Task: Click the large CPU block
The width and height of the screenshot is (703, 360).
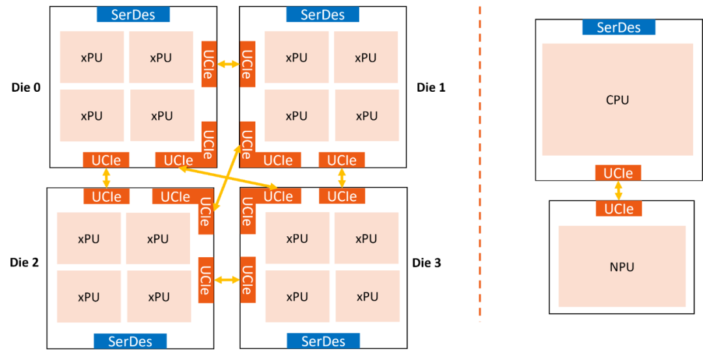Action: pos(617,100)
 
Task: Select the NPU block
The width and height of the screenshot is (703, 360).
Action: pos(622,266)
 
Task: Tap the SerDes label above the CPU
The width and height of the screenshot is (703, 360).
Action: pos(618,27)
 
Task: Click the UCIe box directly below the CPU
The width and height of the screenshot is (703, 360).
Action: pos(618,173)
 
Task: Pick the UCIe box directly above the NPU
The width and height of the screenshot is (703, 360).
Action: pos(618,209)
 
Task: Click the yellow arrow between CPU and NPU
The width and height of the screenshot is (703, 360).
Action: pos(618,191)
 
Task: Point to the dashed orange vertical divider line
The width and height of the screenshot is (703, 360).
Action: pos(480,163)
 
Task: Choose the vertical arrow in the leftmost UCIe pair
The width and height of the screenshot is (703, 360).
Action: pos(105,178)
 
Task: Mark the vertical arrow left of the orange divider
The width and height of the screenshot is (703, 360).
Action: pos(342,178)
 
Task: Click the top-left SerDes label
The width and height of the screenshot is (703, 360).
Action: pos(133,15)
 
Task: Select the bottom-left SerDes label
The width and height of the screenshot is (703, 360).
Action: pos(130,341)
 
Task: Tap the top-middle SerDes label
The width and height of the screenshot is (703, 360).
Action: pos(322,15)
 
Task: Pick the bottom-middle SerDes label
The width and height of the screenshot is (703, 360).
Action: pos(323,341)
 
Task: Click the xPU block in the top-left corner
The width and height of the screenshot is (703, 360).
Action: pos(92,57)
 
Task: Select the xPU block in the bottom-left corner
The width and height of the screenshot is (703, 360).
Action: pos(89,297)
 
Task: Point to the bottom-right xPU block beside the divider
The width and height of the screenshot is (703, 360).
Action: pos(367,297)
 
